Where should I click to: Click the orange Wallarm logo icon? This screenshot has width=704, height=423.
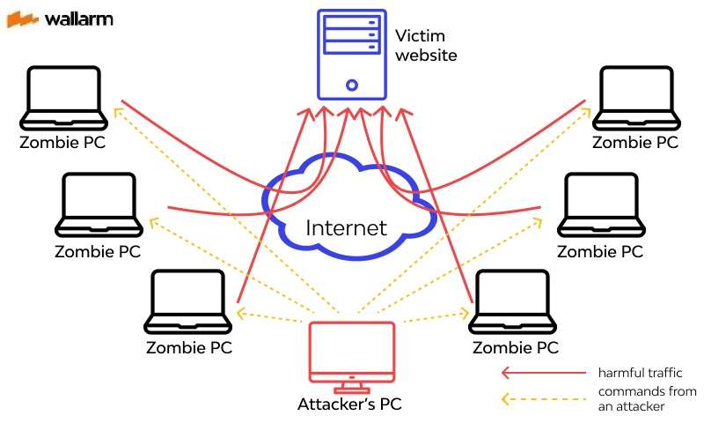21,19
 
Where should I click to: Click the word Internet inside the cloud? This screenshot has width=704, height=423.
346,228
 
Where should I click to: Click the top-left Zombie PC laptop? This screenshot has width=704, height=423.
64,97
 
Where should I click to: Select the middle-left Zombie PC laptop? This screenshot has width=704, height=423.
99,204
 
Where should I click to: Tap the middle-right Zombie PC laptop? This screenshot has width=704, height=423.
600,204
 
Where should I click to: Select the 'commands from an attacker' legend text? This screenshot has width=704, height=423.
646,398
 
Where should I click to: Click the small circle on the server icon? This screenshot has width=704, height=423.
351,85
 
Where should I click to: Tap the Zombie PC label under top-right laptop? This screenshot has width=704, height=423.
635,143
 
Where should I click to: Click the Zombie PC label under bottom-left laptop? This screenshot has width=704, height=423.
189,347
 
